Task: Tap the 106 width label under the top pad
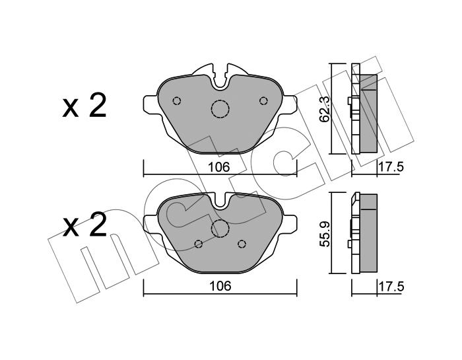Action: pos(218,167)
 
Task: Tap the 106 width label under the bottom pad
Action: pos(220,286)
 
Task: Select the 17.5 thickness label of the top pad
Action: pos(390,167)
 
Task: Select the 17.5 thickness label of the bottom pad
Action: pos(390,286)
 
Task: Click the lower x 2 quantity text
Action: pos(84,225)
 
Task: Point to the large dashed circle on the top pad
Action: pos(220,109)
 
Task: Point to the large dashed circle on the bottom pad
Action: pos(220,229)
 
